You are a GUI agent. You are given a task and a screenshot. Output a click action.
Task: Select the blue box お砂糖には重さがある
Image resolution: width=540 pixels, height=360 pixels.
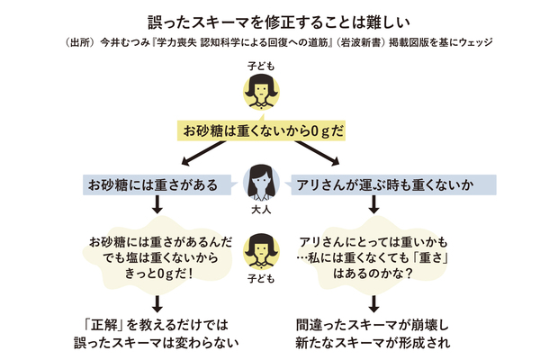click(x=153, y=185)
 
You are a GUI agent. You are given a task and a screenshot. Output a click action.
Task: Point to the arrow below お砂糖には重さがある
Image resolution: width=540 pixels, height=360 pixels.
click(x=155, y=209)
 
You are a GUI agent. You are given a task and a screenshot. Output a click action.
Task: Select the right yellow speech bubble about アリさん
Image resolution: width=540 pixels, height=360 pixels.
click(x=372, y=255)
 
